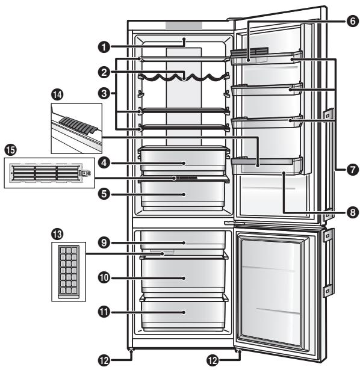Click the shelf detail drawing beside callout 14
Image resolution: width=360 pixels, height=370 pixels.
pos(75,128)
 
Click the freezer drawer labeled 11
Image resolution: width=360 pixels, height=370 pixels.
pos(184,312)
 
